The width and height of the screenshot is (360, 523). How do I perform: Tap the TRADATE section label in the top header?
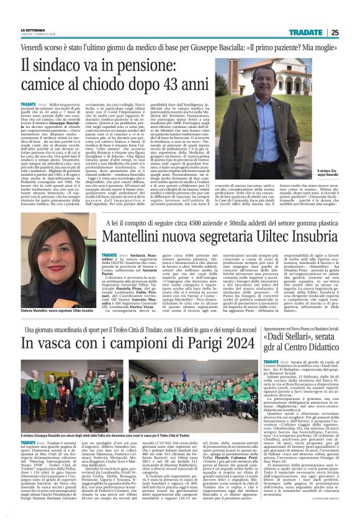(x=305, y=32)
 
